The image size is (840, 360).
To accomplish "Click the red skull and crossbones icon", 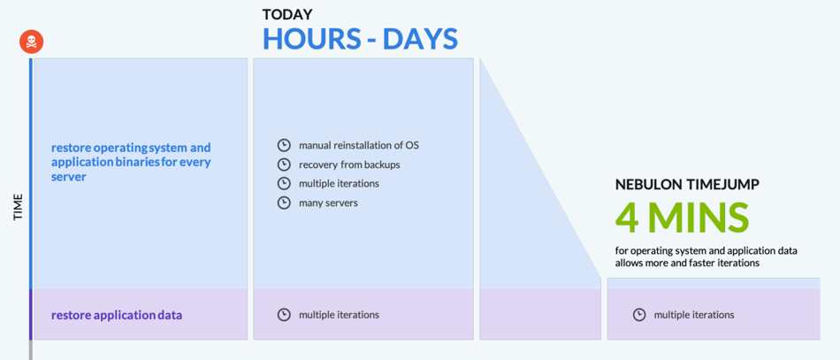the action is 32,42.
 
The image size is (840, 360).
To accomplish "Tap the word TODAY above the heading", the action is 287,14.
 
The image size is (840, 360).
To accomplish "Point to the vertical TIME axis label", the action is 19,207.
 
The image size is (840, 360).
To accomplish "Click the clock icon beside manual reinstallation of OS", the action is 284,145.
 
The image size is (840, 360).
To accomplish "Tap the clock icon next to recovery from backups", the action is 284,165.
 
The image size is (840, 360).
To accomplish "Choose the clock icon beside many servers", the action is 284,203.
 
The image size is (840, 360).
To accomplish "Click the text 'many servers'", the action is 328,203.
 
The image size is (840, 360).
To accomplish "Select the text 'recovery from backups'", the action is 349,165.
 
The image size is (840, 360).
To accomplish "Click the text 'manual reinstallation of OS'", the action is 359,145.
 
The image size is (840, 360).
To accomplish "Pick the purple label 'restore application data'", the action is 117,315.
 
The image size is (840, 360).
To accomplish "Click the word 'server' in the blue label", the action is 69,177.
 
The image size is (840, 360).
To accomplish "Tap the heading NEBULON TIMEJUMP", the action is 687,185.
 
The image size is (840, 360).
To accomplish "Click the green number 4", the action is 627,218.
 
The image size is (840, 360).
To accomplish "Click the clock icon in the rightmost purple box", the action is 639,315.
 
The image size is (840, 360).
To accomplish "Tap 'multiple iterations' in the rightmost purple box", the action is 694,315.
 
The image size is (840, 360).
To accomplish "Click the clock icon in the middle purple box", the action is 284,315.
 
